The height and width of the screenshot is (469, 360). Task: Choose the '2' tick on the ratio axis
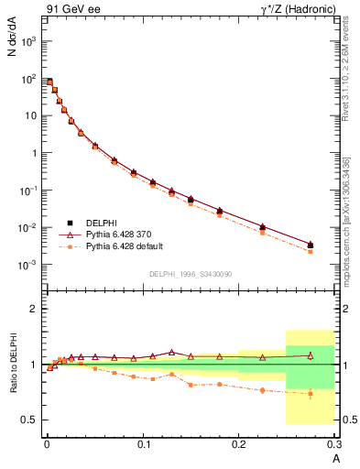point(33,309)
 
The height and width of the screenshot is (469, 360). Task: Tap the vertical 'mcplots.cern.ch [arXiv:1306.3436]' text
point(346,212)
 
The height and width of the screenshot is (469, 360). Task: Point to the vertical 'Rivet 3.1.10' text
point(346,73)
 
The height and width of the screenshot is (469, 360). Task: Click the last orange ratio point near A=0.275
point(311,394)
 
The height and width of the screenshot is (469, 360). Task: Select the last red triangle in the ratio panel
point(311,354)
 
